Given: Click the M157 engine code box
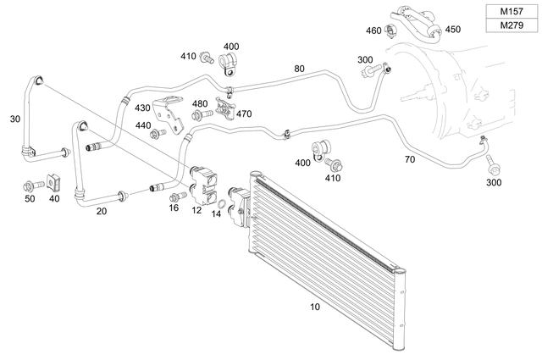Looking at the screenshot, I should point(511,11).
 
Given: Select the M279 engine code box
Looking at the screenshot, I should point(511,26).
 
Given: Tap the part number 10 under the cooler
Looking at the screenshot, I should point(315,307).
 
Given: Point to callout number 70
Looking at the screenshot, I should point(409,159).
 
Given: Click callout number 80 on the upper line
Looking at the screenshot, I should point(299,69).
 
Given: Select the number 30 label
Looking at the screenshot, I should point(14,119).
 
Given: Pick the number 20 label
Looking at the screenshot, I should point(102,211).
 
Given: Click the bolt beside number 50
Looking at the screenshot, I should point(30,184).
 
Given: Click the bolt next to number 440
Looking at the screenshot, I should point(155,134).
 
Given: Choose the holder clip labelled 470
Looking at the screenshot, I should point(225,108).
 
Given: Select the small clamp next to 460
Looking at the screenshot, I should point(390,32).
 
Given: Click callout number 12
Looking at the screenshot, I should point(196,209).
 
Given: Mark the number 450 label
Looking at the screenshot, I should point(453,30).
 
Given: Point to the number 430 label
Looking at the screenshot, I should point(142,108).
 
